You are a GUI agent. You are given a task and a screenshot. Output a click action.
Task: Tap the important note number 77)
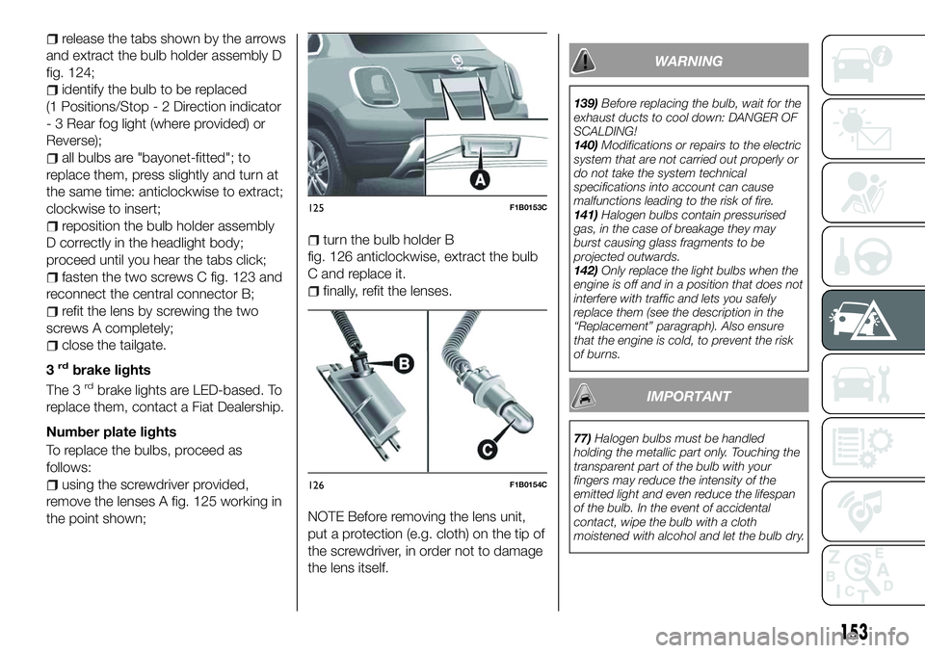click(x=582, y=436)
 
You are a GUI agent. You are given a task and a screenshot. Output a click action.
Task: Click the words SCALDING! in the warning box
click(x=618, y=128)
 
